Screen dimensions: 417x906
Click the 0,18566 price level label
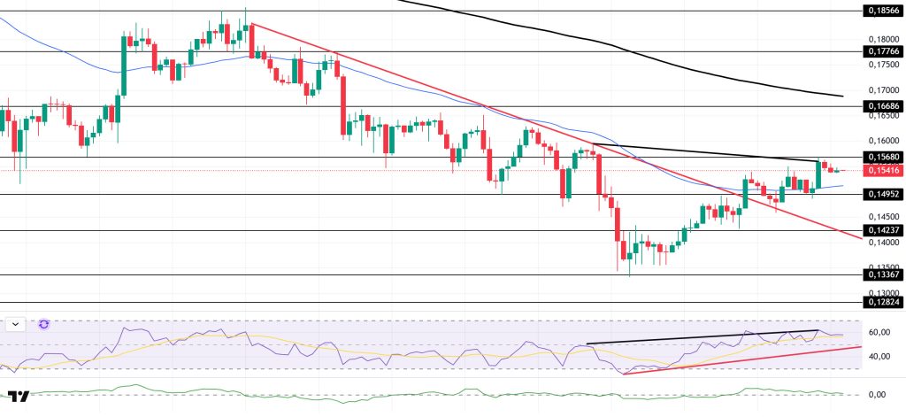(x=881, y=11)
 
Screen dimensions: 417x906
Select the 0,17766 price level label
(x=881, y=51)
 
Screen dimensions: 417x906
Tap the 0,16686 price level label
(x=881, y=105)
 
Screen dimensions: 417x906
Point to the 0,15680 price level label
(x=881, y=157)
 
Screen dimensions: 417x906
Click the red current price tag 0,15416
(x=881, y=170)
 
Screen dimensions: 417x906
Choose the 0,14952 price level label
(x=881, y=194)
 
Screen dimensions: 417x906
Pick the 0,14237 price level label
(x=881, y=231)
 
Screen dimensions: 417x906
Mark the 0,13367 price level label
(x=881, y=274)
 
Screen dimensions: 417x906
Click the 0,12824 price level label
(x=881, y=303)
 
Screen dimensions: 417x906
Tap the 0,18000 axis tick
(x=881, y=39)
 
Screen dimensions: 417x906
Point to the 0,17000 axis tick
(x=881, y=89)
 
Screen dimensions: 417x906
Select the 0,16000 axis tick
(x=881, y=140)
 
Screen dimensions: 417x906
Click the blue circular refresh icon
(x=44, y=325)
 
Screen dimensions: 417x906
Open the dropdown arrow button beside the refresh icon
(x=15, y=325)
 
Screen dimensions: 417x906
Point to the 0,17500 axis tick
(x=881, y=65)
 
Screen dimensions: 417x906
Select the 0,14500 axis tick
(x=881, y=217)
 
